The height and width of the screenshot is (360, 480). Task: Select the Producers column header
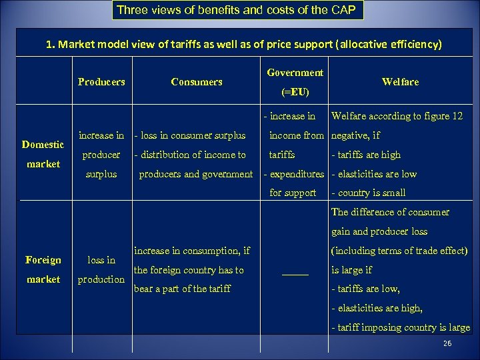tap(101, 82)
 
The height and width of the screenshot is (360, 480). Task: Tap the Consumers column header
tap(197, 82)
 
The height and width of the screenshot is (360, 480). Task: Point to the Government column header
tap(295, 73)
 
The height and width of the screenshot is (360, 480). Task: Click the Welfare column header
tap(400, 82)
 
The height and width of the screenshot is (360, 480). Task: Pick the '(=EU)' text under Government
tap(295, 91)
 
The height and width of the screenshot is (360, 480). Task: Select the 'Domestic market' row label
tap(43, 154)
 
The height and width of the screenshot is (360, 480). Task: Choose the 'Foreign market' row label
tap(43, 269)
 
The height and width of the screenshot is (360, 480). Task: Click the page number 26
tap(447, 343)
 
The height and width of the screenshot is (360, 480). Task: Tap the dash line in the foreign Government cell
tap(295, 272)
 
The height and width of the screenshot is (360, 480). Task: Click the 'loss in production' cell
tap(101, 269)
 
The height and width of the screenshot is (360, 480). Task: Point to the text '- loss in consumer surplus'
tap(190, 135)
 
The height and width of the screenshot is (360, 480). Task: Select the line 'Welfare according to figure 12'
tap(397, 116)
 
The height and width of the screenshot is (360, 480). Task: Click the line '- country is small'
tap(368, 193)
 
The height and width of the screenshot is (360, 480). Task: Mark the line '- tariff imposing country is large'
tap(400, 327)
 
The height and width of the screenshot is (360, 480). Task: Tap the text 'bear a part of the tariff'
tap(183, 289)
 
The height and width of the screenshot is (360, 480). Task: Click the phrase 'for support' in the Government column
tap(293, 193)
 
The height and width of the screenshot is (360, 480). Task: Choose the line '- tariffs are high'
tap(366, 155)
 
